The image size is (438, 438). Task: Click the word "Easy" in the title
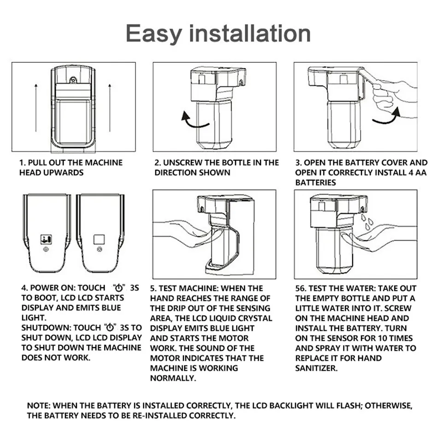pyautogui.click(x=154, y=34)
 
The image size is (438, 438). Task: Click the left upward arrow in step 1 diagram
pyautogui.click(x=36, y=107)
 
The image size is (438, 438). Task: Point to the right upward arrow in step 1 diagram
pyautogui.click(x=110, y=107)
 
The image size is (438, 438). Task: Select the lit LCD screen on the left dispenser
pyautogui.click(x=46, y=239)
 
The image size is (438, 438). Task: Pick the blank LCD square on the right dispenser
pyautogui.click(x=99, y=239)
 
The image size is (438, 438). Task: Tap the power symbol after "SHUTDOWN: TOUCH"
pyautogui.click(x=110, y=327)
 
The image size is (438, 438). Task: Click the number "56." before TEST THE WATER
pyautogui.click(x=301, y=288)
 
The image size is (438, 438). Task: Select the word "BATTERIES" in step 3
pyautogui.click(x=315, y=183)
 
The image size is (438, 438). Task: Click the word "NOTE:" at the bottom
pyautogui.click(x=39, y=406)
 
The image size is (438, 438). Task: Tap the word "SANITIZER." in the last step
pyautogui.click(x=316, y=368)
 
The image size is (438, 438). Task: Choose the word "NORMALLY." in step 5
pyautogui.click(x=173, y=378)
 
